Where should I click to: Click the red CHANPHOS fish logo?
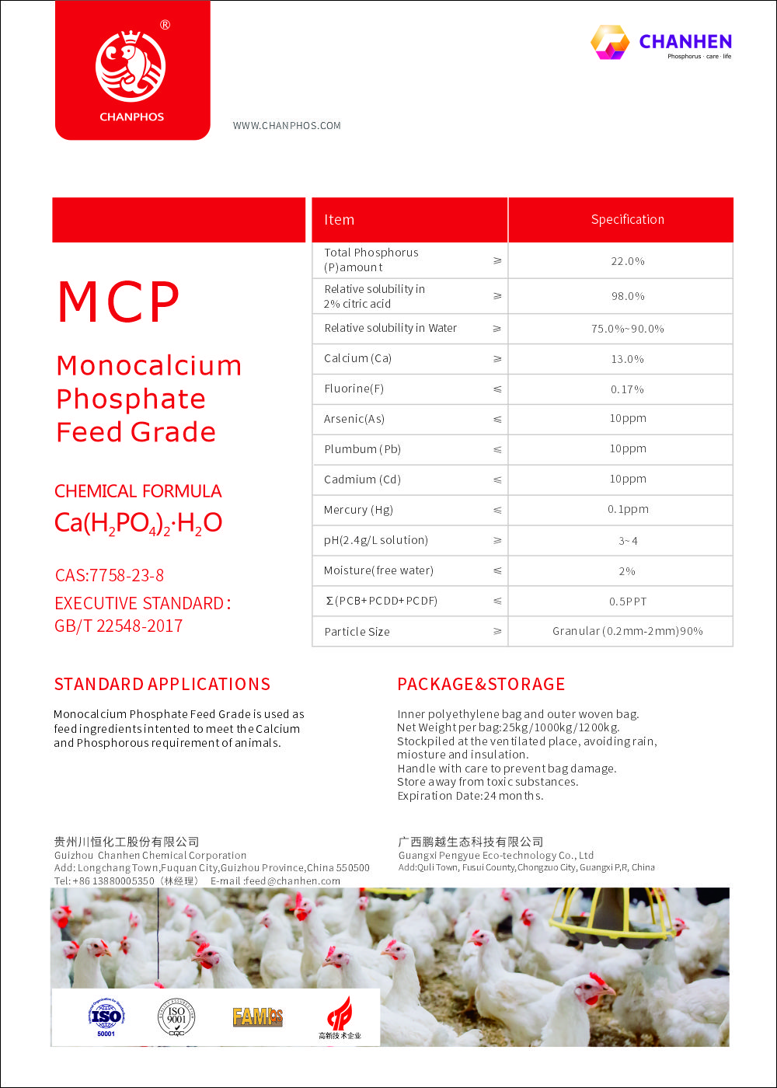pyautogui.click(x=131, y=66)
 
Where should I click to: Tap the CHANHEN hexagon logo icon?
pyautogui.click(x=610, y=42)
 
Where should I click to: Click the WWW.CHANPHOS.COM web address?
pyautogui.click(x=287, y=126)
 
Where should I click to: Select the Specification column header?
pyautogui.click(x=627, y=220)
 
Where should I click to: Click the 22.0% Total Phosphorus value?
pyautogui.click(x=628, y=261)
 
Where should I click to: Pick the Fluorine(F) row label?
pyautogui.click(x=354, y=389)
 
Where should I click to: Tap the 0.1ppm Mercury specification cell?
pyautogui.click(x=628, y=510)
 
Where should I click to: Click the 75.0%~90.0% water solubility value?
pyautogui.click(x=628, y=329)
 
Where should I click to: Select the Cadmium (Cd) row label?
pyautogui.click(x=362, y=479)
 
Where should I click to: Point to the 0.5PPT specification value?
pyautogui.click(x=628, y=602)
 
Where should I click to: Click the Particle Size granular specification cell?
pyautogui.click(x=628, y=632)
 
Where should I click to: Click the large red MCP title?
pyautogui.click(x=119, y=303)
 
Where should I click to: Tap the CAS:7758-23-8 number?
pyautogui.click(x=110, y=576)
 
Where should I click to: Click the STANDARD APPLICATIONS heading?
pyautogui.click(x=162, y=685)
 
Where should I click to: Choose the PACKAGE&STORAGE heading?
pyautogui.click(x=481, y=685)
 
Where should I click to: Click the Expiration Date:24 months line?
pyautogui.click(x=470, y=796)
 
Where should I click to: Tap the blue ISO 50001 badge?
pyautogui.click(x=106, y=1017)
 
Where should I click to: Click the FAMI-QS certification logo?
pyautogui.click(x=257, y=1017)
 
